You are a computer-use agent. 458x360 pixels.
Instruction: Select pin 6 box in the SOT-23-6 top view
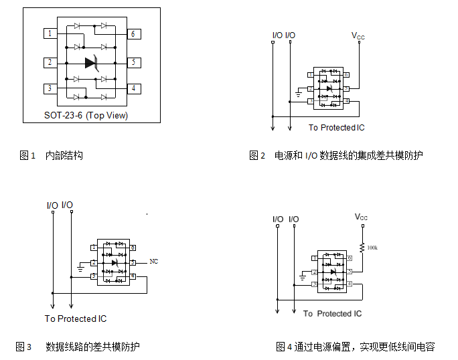(133, 33)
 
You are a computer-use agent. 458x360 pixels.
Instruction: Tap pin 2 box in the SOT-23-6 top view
(50, 63)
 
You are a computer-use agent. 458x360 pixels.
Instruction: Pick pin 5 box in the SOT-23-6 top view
(133, 63)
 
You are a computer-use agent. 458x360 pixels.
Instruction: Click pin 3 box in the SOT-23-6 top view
(50, 88)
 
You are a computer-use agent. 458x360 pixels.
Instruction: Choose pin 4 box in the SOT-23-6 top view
(133, 88)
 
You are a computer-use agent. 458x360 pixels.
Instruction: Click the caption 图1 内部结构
(52, 156)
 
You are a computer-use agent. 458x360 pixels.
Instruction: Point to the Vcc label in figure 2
(359, 35)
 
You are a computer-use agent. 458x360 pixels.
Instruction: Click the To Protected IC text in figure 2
(337, 128)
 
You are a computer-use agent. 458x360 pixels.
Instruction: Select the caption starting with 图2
(336, 156)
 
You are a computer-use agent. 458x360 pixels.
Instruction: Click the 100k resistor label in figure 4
(372, 248)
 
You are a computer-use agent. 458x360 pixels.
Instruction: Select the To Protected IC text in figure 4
(332, 314)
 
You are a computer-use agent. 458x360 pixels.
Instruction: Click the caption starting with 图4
(356, 347)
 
